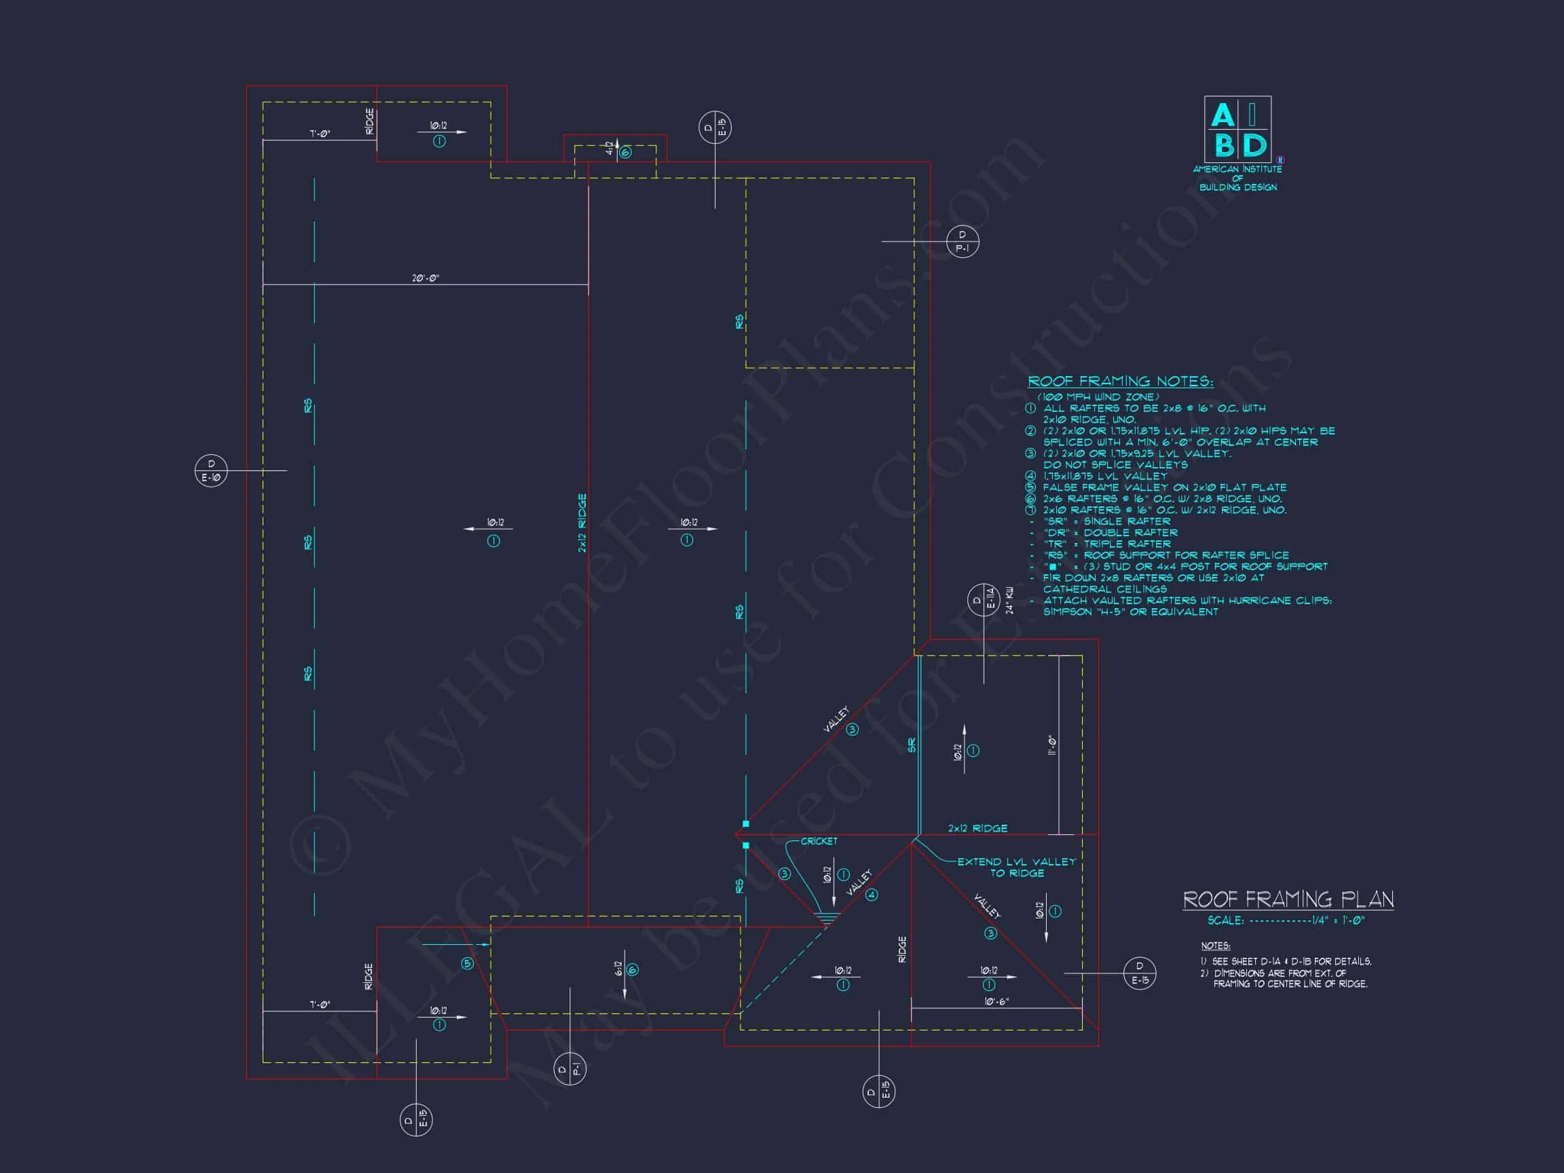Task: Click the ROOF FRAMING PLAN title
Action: pyautogui.click(x=1288, y=899)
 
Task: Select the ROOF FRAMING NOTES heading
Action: pyautogui.click(x=1120, y=381)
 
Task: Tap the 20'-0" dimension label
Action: pyautogui.click(x=426, y=278)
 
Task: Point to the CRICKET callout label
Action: pyautogui.click(x=819, y=841)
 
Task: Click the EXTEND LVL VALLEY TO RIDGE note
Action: pyautogui.click(x=1016, y=868)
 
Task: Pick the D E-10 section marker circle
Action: pyautogui.click(x=210, y=471)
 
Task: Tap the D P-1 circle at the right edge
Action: pyautogui.click(x=963, y=242)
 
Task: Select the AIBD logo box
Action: pyautogui.click(x=1237, y=130)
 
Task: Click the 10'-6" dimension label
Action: pyautogui.click(x=997, y=1002)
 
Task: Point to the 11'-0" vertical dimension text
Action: pyautogui.click(x=1052, y=745)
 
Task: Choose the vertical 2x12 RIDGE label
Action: pyautogui.click(x=582, y=523)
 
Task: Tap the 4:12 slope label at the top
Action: pyautogui.click(x=610, y=149)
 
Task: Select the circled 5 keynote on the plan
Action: pyautogui.click(x=466, y=964)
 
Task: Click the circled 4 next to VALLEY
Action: pyautogui.click(x=872, y=895)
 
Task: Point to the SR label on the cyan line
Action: pyautogui.click(x=912, y=745)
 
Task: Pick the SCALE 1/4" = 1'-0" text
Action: pyautogui.click(x=1286, y=920)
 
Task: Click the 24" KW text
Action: pyautogui.click(x=1009, y=600)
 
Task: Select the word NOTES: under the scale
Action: pyautogui.click(x=1215, y=946)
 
